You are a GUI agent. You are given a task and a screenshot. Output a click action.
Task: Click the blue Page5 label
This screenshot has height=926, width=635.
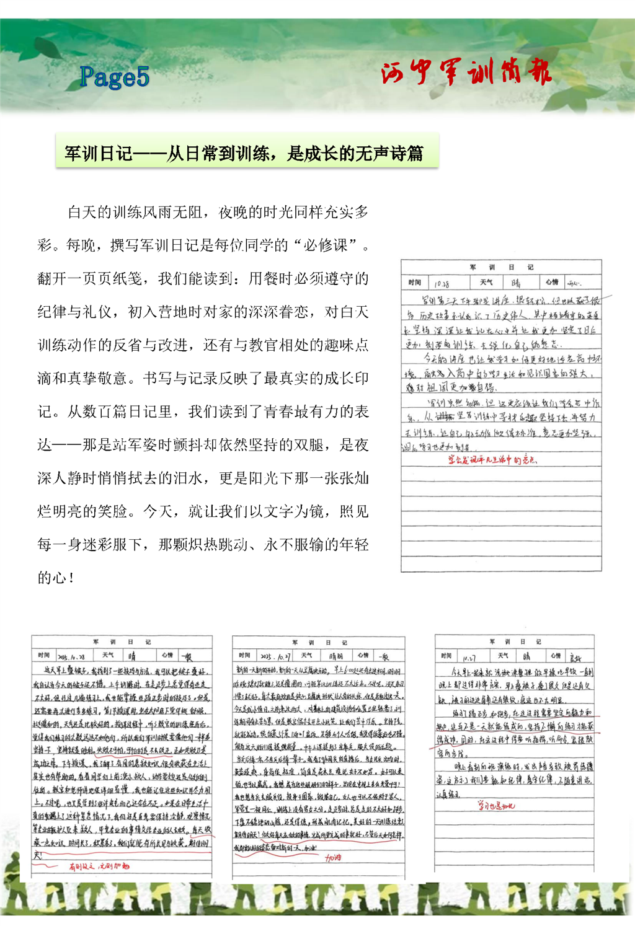115,77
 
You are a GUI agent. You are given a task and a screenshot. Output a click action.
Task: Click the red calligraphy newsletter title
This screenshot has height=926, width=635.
466,73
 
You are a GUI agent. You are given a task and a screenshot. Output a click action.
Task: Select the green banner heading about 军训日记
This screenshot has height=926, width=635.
247,152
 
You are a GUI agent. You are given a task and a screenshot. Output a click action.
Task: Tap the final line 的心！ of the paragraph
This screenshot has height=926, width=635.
56,578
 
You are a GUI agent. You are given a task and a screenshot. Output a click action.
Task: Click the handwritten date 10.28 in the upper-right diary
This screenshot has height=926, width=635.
442,283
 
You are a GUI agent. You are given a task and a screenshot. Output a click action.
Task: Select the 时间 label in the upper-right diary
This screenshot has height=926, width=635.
415,283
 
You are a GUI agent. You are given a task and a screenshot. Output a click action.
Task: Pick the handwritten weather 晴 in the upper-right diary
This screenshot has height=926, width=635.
516,283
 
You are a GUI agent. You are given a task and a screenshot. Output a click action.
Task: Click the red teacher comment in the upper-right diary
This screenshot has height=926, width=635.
492,460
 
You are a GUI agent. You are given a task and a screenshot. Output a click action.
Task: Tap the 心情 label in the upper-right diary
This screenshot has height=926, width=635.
552,282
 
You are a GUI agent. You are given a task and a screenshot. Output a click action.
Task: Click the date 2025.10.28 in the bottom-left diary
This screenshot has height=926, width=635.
72,656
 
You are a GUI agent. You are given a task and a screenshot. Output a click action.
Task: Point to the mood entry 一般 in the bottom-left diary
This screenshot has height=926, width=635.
186,656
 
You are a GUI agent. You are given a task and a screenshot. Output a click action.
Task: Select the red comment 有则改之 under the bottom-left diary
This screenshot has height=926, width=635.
99,866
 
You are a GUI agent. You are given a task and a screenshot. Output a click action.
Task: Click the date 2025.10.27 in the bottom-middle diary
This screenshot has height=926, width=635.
275,656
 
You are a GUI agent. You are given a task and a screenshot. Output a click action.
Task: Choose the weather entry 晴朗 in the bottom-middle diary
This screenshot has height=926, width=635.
335,656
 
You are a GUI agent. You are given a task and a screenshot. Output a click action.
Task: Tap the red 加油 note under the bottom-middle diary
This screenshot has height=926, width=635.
333,858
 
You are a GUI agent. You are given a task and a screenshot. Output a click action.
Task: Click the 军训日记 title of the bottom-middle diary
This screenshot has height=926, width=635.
319,643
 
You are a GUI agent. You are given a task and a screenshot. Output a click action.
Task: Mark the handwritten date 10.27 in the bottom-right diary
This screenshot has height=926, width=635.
469,656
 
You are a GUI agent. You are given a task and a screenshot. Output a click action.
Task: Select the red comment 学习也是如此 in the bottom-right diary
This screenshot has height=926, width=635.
496,806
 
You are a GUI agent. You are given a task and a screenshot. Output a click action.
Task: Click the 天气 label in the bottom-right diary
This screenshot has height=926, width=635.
503,655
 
